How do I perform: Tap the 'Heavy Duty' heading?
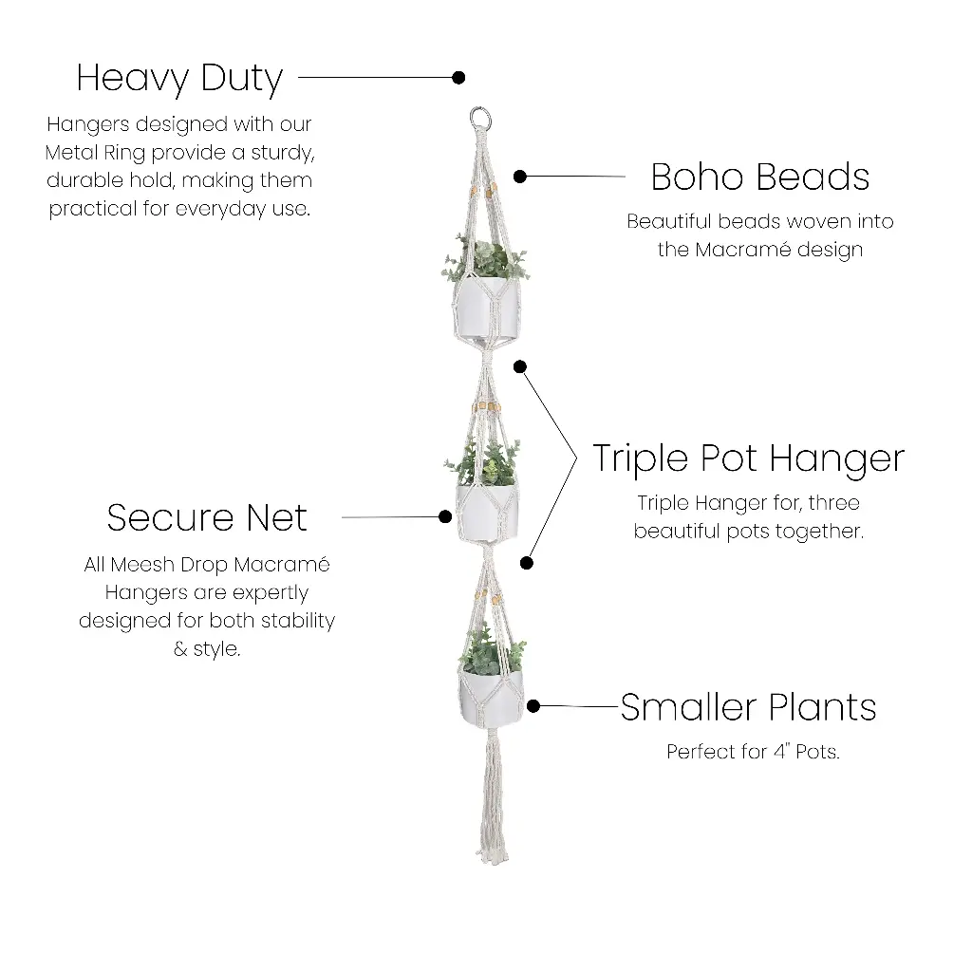pyautogui.click(x=179, y=78)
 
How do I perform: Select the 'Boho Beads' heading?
pyautogui.click(x=759, y=177)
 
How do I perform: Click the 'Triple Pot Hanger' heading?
pyautogui.click(x=748, y=458)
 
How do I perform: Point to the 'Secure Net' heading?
pyautogui.click(x=207, y=517)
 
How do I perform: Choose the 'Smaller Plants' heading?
pyautogui.click(x=748, y=707)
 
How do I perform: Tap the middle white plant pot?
pyautogui.click(x=487, y=514)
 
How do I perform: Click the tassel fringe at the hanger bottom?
pyautogui.click(x=492, y=807)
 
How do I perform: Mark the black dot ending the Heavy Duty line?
pyautogui.click(x=458, y=77)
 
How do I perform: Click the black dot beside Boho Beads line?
pyautogui.click(x=519, y=177)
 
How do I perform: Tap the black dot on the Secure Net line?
pyautogui.click(x=445, y=517)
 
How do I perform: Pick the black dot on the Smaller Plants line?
pyautogui.click(x=533, y=706)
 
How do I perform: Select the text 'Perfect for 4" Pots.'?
pyautogui.click(x=753, y=753)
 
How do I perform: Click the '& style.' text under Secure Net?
pyautogui.click(x=207, y=650)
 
